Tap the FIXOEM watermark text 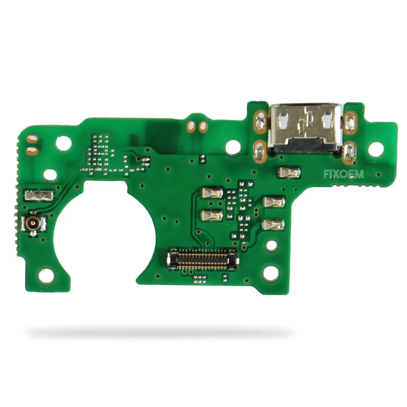343,174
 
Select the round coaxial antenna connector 33,222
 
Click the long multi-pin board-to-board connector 202,259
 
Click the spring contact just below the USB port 289,172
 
